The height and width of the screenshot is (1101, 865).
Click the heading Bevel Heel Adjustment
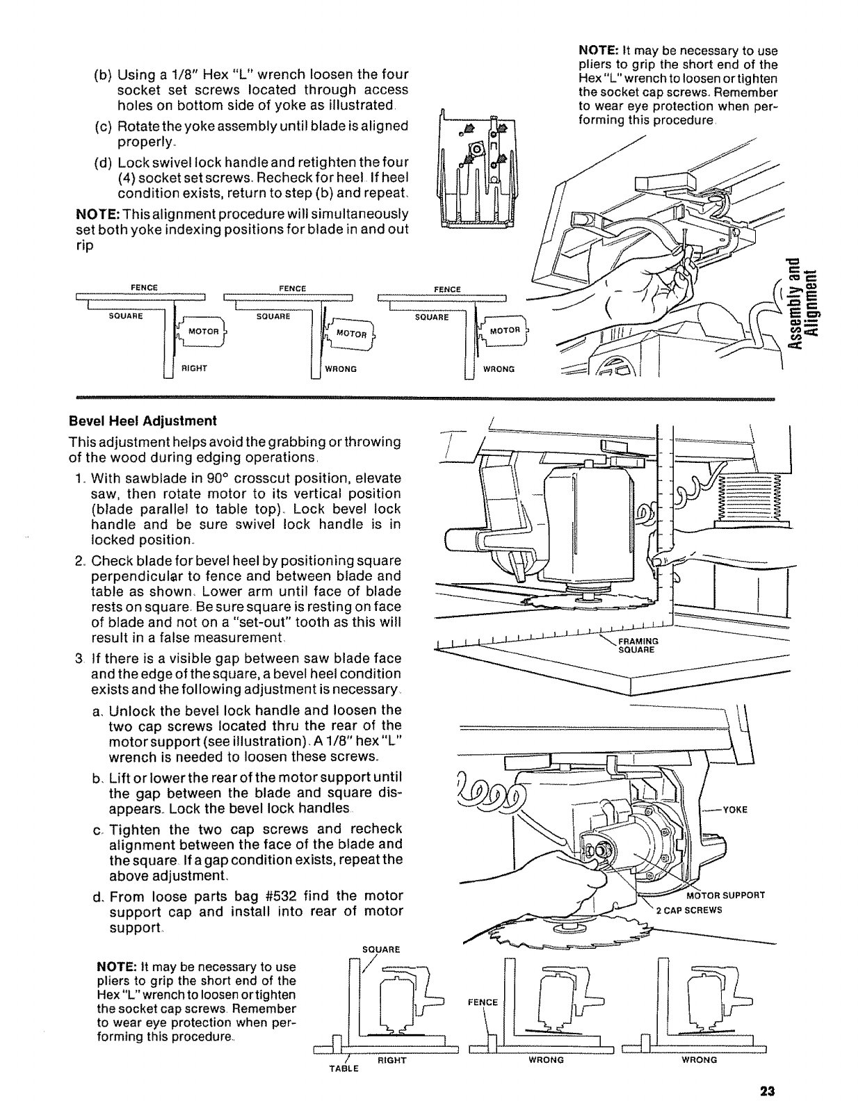click(x=143, y=421)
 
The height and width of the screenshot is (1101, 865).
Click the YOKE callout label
click(x=735, y=809)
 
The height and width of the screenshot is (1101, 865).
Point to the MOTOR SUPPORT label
click(x=725, y=895)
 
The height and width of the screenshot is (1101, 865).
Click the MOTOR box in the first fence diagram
click(x=204, y=331)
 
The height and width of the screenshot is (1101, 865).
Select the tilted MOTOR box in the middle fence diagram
click(x=352, y=333)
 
